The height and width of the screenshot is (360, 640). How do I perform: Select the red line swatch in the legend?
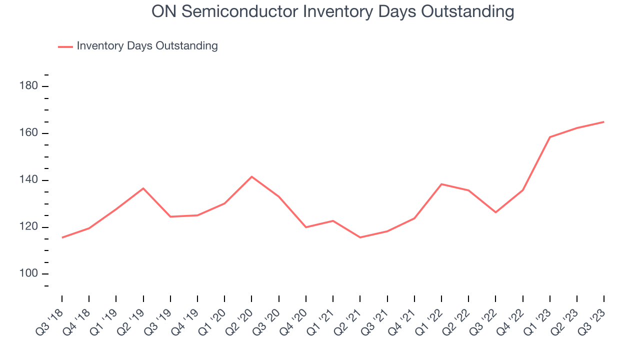tap(65, 46)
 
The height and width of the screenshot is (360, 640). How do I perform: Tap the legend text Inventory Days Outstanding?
tap(147, 46)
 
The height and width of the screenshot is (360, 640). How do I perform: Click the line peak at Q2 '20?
tap(251, 176)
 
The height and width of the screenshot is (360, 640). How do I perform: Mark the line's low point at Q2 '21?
tap(360, 237)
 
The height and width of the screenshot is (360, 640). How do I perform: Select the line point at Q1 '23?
tap(549, 137)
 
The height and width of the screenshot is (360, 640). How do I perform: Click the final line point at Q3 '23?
tap(603, 122)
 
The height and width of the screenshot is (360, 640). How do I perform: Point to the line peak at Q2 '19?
tap(143, 188)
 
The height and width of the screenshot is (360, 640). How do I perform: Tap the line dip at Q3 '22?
tap(495, 212)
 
